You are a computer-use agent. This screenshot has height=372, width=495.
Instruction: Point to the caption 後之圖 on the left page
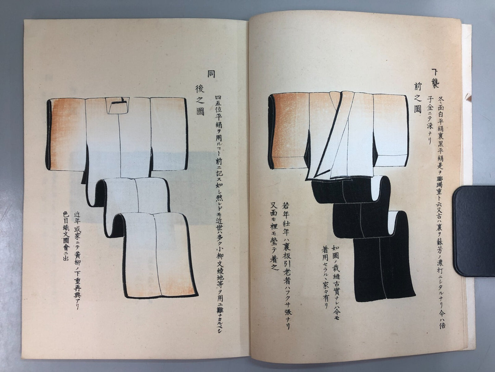click(x=200, y=100)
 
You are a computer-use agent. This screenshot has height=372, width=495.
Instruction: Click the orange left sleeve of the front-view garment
click(x=288, y=130)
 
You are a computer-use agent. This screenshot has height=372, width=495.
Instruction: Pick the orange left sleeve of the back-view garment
click(x=67, y=134)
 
